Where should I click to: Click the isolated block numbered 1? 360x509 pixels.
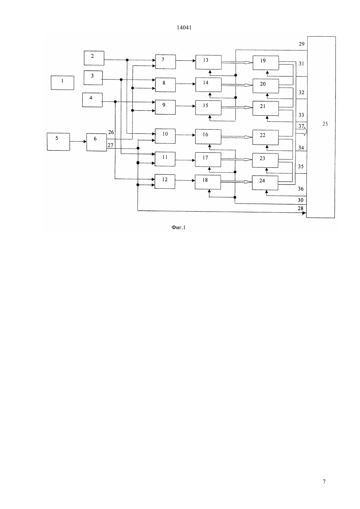62,83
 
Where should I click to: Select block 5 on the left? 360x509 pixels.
58,142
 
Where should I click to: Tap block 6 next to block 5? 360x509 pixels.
96,142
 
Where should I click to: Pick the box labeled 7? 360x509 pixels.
166,61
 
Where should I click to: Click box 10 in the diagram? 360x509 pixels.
165,136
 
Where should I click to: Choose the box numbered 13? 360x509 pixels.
208,62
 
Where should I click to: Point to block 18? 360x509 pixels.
208,182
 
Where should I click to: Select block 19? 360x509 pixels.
266,63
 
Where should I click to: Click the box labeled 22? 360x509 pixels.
265,137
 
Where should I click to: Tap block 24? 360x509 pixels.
265,183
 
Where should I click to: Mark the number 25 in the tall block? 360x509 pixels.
325,124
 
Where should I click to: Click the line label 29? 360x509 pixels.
302,44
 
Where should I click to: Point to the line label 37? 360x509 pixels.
301,126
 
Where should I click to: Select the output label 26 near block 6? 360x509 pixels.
111,132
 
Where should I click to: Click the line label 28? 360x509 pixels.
300,208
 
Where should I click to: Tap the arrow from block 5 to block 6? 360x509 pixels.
78,142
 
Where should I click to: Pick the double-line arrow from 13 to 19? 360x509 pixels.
237,62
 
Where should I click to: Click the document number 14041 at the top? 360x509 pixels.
184,28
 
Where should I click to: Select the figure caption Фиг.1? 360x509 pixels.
178,227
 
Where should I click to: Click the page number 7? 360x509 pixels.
324,482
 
